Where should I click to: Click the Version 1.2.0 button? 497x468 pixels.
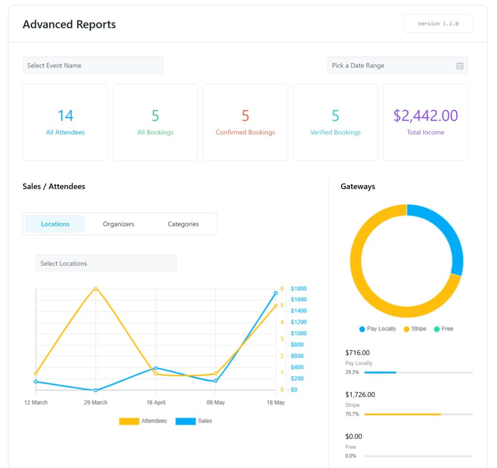pos(438,23)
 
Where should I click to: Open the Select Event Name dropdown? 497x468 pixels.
pos(93,66)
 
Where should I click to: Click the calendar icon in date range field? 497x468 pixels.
pos(460,66)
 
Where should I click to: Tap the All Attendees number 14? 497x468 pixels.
pos(65,116)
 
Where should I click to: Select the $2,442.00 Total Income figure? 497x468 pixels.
pos(425,116)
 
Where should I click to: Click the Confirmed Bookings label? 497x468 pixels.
pos(245,132)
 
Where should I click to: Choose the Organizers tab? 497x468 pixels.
pos(118,224)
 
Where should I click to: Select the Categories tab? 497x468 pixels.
pos(183,224)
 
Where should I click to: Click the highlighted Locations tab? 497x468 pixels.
pos(55,224)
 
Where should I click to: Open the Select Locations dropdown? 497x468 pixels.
pos(106,263)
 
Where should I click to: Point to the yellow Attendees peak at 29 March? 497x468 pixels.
pos(96,289)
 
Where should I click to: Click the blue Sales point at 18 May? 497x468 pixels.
pos(276,293)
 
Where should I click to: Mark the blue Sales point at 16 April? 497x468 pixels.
pos(155,368)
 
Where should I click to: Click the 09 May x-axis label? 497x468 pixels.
pos(215,402)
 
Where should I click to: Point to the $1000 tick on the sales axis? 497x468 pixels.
pos(298,334)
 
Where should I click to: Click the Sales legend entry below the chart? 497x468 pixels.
pos(194,421)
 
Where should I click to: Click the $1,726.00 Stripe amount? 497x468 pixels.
pos(360,395)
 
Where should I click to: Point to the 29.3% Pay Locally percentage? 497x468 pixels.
pos(352,372)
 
